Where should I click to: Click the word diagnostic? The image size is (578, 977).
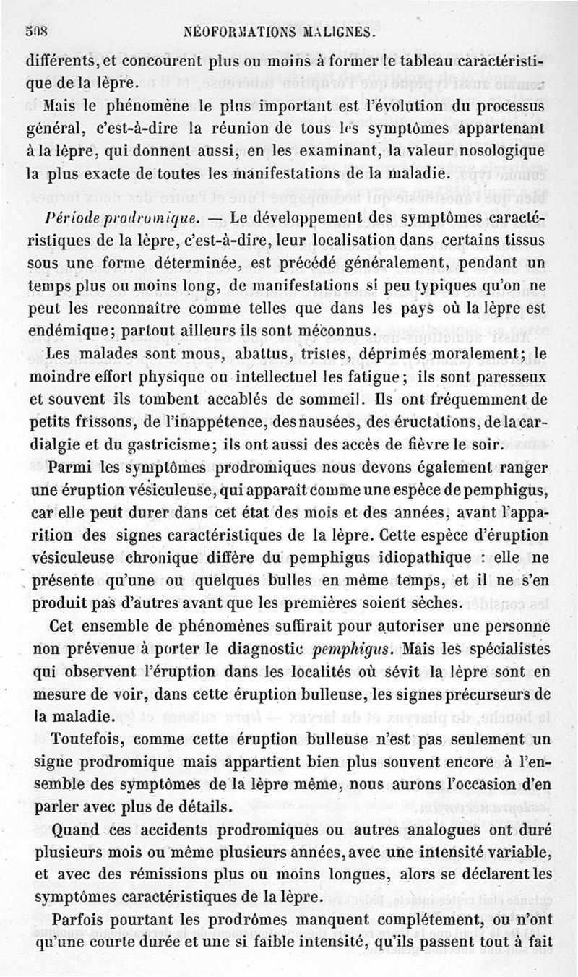point(259,647)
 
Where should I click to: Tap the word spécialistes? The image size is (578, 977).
point(499,647)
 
